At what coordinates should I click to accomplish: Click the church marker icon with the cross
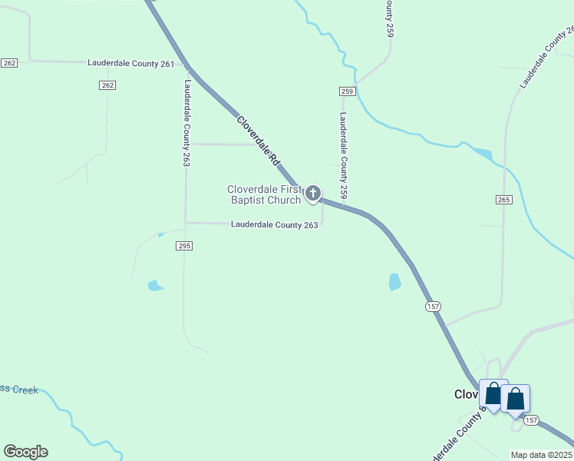pos(312,193)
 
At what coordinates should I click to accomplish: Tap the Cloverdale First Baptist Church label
pos(264,194)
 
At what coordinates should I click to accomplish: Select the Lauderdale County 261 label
pos(131,63)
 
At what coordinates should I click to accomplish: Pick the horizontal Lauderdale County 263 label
pos(275,224)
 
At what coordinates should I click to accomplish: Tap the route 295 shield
pos(183,246)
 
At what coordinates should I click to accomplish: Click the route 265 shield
pos(503,200)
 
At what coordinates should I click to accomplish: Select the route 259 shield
pos(347,91)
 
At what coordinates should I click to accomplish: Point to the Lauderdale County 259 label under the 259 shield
pos(344,156)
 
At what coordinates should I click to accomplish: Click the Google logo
pos(25,452)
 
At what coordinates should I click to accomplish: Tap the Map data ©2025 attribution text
pos(541,455)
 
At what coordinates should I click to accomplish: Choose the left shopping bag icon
pos(493,393)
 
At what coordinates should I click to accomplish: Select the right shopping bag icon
pos(515,398)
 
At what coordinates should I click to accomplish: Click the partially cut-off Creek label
pos(19,390)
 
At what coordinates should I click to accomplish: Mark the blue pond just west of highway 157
pos(394,282)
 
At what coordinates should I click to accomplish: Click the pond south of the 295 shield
pos(155,286)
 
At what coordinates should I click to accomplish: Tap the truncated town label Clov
pos(466,394)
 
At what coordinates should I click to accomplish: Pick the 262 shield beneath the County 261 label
pos(107,85)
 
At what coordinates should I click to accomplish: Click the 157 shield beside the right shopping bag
pos(531,420)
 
